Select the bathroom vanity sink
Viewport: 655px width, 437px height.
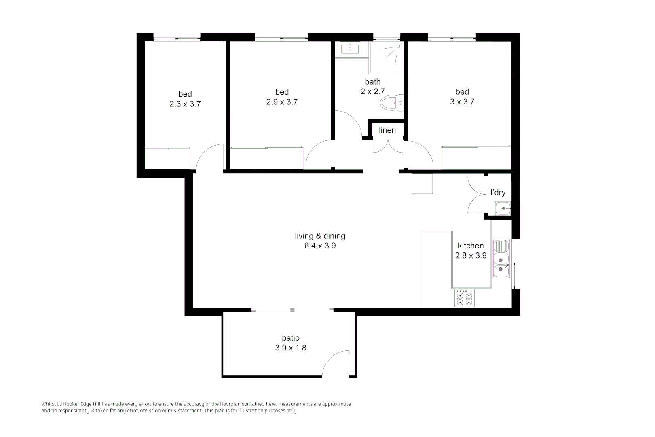[x=350, y=49]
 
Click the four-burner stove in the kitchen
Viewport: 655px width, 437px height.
[x=464, y=298]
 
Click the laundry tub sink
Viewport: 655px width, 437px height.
[x=503, y=209]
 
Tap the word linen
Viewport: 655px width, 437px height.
[x=387, y=130]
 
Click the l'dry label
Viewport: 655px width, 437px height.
[x=498, y=193]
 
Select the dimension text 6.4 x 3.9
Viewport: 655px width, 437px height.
[x=320, y=246]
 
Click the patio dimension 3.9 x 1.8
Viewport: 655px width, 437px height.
[x=291, y=348]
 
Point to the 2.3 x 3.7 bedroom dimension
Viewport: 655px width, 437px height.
[x=185, y=104]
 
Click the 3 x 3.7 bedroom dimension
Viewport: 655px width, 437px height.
[x=462, y=102]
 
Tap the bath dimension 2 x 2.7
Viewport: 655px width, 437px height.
[x=372, y=92]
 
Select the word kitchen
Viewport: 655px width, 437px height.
[x=471, y=246]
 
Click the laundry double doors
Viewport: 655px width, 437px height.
[x=475, y=195]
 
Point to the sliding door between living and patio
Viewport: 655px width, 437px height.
[x=292, y=310]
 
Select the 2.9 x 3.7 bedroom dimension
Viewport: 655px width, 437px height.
[x=282, y=102]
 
